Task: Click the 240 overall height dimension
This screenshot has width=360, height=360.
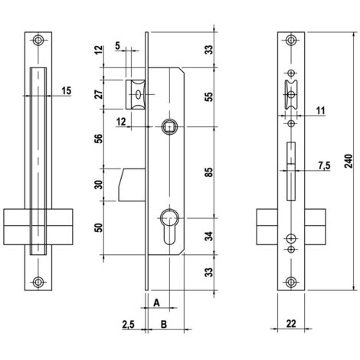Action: click(349, 161)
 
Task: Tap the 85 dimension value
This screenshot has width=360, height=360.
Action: click(209, 172)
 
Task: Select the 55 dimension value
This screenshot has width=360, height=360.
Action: click(209, 97)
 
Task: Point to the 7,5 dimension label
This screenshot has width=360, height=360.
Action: click(324, 165)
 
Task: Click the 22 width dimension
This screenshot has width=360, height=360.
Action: click(291, 323)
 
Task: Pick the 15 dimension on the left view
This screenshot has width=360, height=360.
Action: click(67, 90)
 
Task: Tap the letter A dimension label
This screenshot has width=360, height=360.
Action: click(156, 303)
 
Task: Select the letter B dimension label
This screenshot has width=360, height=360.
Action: click(164, 324)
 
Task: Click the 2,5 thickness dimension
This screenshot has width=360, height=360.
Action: click(128, 325)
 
